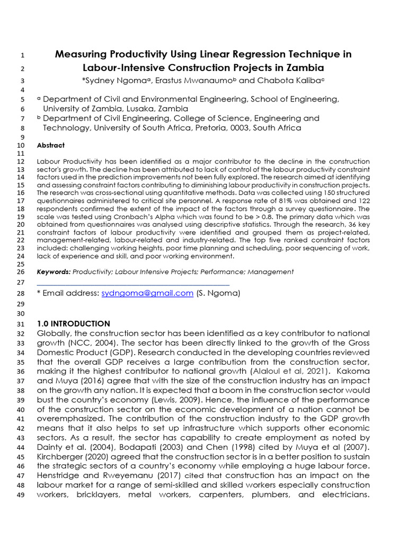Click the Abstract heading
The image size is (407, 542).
pyautogui.click(x=51, y=146)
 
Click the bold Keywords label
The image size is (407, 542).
pyautogui.click(x=54, y=272)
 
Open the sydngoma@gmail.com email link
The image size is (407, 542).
pyautogui.click(x=147, y=293)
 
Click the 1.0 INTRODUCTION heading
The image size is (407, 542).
pyautogui.click(x=74, y=323)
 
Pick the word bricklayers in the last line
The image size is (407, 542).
pyautogui.click(x=105, y=494)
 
